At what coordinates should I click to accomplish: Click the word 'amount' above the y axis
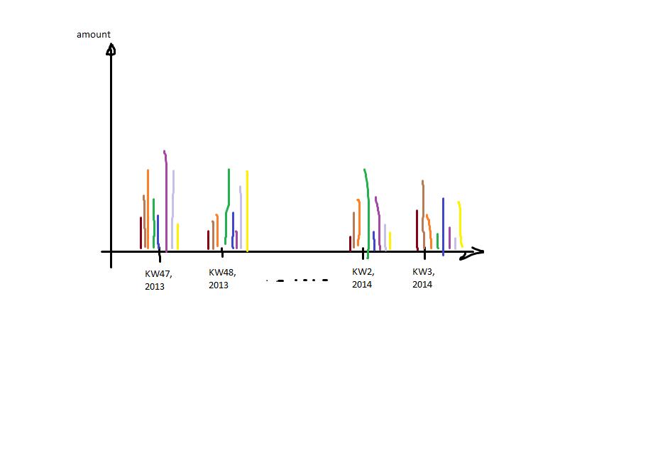(94, 35)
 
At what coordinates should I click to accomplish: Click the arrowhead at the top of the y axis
(111, 49)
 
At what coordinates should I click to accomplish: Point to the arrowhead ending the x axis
(474, 251)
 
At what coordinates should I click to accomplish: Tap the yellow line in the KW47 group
(177, 236)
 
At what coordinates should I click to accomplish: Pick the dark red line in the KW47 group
(141, 233)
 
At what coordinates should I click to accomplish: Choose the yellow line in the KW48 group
(247, 209)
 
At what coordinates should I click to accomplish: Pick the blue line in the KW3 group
(443, 224)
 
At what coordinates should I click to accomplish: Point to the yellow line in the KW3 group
(461, 224)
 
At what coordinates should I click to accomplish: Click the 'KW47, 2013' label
(158, 280)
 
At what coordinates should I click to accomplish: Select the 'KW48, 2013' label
(221, 278)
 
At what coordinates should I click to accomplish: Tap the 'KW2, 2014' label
(363, 278)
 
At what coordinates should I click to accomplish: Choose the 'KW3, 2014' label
(423, 278)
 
